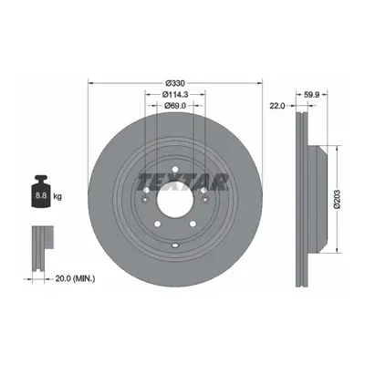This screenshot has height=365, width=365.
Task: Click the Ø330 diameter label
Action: coord(175,83)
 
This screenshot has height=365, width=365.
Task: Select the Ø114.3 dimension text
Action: coord(175,95)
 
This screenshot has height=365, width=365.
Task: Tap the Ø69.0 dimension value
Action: coord(175,106)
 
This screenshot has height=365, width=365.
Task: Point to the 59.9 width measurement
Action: coord(311,95)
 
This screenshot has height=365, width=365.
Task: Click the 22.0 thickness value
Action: coord(276,106)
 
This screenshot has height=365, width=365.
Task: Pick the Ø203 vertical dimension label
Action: coord(337,199)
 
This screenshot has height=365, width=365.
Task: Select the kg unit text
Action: coord(57,196)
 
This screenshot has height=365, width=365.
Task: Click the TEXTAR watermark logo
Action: coord(182,182)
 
